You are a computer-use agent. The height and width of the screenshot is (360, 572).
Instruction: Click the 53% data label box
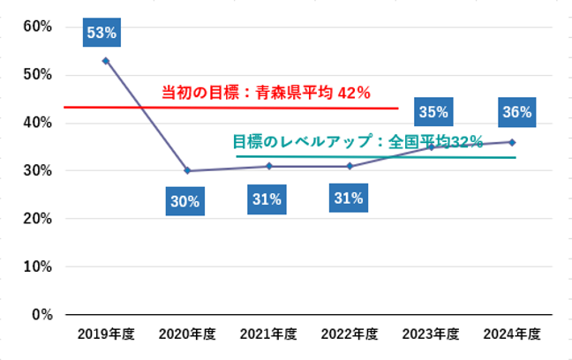pos(102,34)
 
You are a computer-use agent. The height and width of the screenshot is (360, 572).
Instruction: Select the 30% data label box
pos(184,201)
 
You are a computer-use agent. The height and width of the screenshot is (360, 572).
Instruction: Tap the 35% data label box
pos(433,112)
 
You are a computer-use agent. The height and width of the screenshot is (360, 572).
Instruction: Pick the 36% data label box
pos(516,112)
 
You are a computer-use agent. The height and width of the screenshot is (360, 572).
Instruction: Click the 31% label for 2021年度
pos(266,199)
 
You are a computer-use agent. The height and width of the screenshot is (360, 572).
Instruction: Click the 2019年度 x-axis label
pos(105,334)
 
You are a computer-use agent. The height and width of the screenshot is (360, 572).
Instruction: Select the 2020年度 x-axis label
pos(187,334)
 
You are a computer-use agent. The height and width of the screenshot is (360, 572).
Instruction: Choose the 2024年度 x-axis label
pos(512,334)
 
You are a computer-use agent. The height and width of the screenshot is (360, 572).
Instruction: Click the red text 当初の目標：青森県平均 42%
pos(265,93)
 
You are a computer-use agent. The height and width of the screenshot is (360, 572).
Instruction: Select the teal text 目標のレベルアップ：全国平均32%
pos(357,141)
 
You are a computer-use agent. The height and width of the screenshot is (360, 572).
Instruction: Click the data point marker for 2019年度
pos(105,60)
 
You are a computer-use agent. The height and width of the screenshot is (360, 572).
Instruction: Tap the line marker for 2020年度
pos(187,170)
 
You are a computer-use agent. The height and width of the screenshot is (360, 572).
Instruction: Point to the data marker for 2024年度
pos(512,142)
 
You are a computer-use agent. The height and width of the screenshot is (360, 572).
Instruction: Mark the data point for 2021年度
pos(268,166)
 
